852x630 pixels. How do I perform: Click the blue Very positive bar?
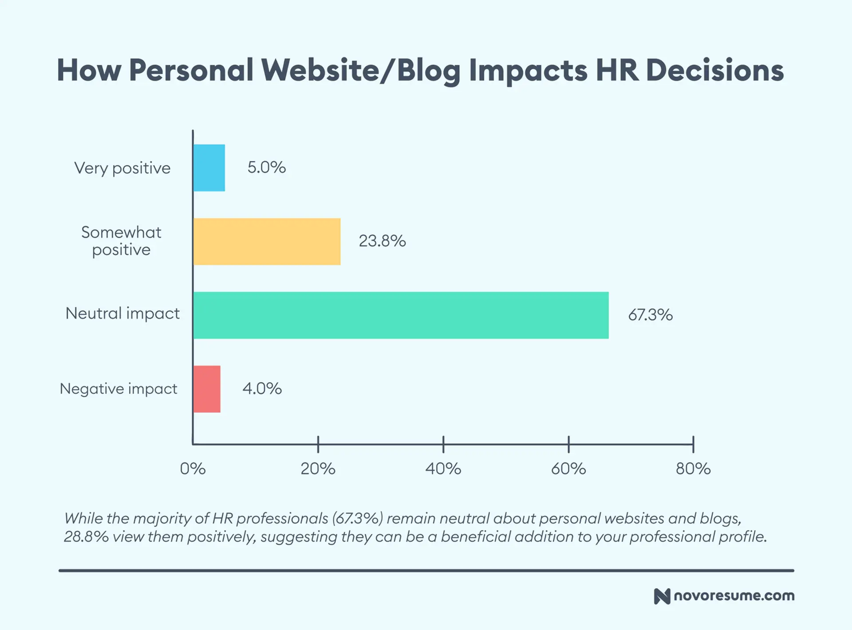point(209,168)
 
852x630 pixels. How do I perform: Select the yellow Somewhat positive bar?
point(267,242)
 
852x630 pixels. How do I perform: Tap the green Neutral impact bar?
point(401,315)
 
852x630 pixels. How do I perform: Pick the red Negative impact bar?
point(207,389)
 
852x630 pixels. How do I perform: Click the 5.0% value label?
point(266,167)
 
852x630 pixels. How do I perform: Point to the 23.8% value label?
point(382,241)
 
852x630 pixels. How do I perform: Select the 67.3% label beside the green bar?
point(650,315)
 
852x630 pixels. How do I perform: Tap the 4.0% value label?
point(262,389)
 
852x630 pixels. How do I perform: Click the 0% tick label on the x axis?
point(193,469)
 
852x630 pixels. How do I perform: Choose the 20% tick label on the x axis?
point(318,469)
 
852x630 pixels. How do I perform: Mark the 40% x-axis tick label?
point(443,469)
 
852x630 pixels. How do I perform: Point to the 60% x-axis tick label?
point(568,469)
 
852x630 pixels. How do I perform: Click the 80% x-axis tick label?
point(693,469)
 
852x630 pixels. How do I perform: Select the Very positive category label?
point(122,168)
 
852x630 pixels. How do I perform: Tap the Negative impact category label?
point(118,389)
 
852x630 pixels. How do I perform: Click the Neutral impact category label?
point(122,314)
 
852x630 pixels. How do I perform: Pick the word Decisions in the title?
point(715,71)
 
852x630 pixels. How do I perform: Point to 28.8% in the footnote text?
point(86,537)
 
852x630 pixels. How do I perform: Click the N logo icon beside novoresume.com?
point(662,596)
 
